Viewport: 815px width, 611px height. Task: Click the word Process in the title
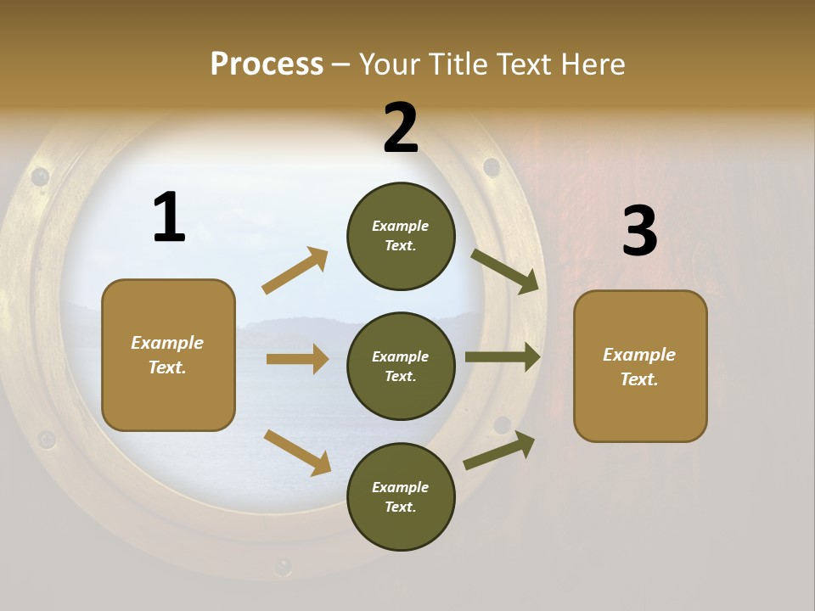267,64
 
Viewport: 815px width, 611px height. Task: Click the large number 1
169,217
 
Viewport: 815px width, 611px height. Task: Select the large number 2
401,128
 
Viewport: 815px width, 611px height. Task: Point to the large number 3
639,232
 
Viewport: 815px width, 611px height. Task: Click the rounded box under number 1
168,355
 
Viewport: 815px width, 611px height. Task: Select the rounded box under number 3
640,366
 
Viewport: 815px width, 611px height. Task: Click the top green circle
401,236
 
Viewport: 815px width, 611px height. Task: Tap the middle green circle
401,366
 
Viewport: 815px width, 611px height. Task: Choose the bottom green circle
401,496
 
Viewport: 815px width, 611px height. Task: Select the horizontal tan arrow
297,359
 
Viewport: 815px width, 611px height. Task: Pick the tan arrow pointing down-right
298,451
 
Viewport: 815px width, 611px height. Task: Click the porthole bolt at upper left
40,177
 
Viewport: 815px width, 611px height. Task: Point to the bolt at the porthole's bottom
283,566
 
